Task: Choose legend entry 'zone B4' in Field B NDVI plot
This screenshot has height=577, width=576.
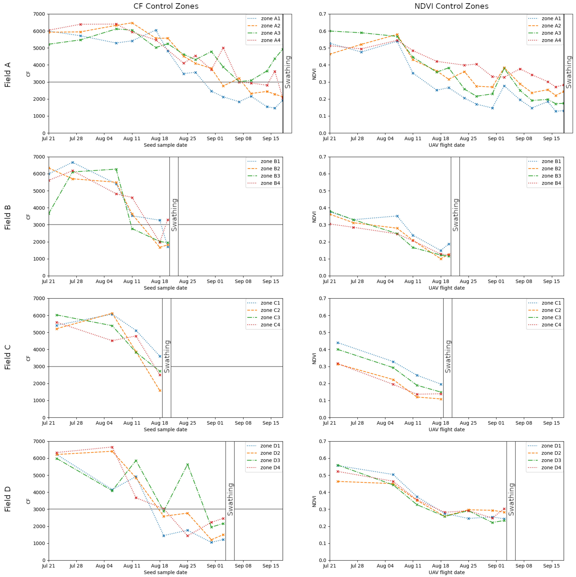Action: tap(551, 183)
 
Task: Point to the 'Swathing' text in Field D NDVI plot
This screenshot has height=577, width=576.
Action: tap(511, 499)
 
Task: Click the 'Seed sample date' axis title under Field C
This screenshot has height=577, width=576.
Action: tap(165, 429)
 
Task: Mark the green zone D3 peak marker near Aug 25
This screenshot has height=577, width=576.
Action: tap(187, 464)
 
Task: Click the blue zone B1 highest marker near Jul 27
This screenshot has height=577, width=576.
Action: tap(73, 162)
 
